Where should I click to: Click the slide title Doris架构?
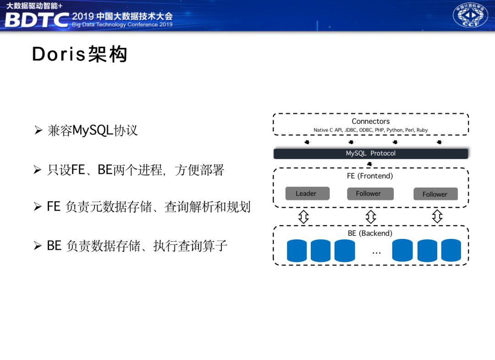(x=79, y=55)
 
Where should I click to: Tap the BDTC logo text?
(x=37, y=20)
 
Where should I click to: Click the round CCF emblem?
(x=470, y=16)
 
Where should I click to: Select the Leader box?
(x=306, y=194)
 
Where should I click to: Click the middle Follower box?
(x=368, y=194)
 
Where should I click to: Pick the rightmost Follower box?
(x=434, y=194)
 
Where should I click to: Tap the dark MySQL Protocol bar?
(x=370, y=154)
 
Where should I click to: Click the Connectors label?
(x=370, y=121)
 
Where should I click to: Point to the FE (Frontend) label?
(x=370, y=176)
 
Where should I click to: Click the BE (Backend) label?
(x=370, y=233)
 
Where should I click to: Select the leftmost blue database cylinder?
(x=297, y=251)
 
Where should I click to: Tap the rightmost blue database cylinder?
(x=451, y=251)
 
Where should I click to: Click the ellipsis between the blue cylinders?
(x=376, y=252)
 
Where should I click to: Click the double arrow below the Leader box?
(x=303, y=216)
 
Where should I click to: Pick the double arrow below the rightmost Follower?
(x=437, y=216)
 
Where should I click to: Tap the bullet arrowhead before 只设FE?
(x=38, y=171)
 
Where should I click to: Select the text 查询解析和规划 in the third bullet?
(x=207, y=207)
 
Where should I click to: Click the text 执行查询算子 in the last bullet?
(x=190, y=246)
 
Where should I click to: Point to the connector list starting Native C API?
(x=370, y=130)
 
